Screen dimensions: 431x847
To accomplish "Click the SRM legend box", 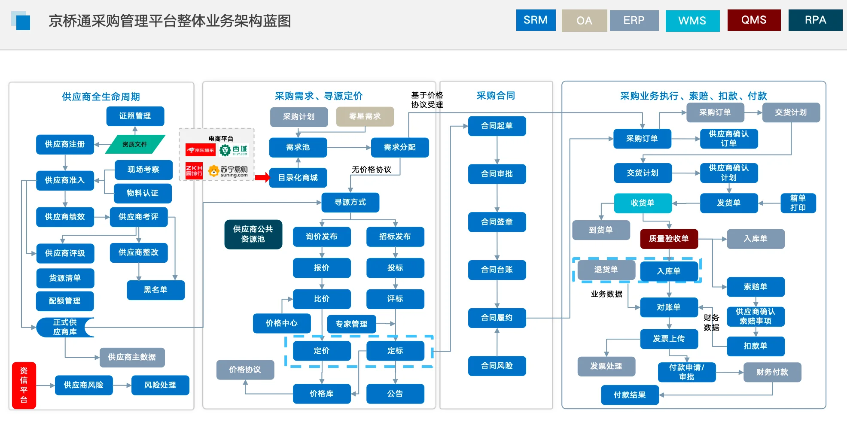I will tap(536, 20).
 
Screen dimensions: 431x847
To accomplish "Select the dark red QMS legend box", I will tap(754, 20).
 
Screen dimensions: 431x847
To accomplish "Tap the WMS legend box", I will tap(692, 21).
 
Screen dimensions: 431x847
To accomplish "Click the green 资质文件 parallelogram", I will tap(135, 144).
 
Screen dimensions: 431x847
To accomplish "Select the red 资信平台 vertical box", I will tap(24, 385).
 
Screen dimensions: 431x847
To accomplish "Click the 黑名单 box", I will tap(155, 290).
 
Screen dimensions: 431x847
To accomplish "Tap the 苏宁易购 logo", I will tap(229, 171).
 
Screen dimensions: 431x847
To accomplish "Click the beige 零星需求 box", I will tap(365, 116).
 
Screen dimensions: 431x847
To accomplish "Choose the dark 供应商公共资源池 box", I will tap(253, 234).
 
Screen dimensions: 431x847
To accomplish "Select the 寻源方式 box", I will tap(350, 202).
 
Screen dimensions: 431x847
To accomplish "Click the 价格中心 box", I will tap(281, 323).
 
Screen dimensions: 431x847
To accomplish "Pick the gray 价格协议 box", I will tap(245, 370).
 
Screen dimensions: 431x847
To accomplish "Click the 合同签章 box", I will tap(497, 222).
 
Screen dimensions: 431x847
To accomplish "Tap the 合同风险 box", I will tap(497, 366).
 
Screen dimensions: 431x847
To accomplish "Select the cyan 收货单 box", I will tap(643, 203).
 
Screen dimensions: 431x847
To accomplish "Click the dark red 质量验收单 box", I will tap(668, 239).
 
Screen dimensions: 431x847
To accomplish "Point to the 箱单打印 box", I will tap(798, 203).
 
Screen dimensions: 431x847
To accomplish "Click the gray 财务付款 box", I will tap(772, 372).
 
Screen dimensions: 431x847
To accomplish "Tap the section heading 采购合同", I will tap(496, 96).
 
